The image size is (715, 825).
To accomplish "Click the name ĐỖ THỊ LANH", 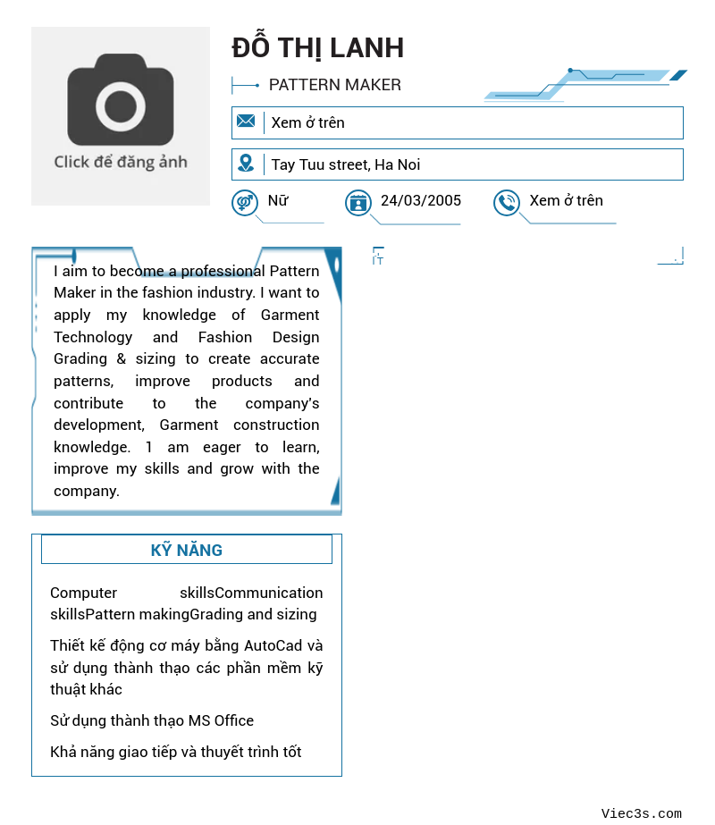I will pos(317,47).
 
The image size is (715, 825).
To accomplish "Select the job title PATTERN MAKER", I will pos(334,85).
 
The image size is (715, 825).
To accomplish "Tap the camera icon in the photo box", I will pos(121,100).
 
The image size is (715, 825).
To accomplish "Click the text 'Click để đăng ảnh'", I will pos(121,162).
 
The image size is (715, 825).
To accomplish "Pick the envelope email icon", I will pos(246,122).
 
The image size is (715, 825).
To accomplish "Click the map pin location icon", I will pos(246,164).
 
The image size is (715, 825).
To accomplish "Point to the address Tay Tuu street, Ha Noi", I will pos(345,164).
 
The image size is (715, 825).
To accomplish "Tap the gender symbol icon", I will pos(245,203).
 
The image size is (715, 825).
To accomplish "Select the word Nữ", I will pos(278,200).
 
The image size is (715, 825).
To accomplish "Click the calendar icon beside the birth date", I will pos(358,203).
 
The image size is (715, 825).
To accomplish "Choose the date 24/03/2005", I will pos(421,200).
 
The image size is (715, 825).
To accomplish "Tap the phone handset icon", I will pos(507,203).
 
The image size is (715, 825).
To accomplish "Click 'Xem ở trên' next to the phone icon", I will pos(566,200).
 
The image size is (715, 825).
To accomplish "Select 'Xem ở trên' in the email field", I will pos(307,122).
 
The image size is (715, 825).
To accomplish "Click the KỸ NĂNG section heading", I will pos(187,550).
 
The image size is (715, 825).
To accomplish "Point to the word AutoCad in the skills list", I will pos(274,645).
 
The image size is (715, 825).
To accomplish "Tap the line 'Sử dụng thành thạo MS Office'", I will pos(152,720).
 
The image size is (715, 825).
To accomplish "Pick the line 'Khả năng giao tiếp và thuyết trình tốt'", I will pos(176,752).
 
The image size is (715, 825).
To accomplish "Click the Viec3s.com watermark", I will pos(641,813).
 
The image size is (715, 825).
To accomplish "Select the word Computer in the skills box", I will pos(83,593).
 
